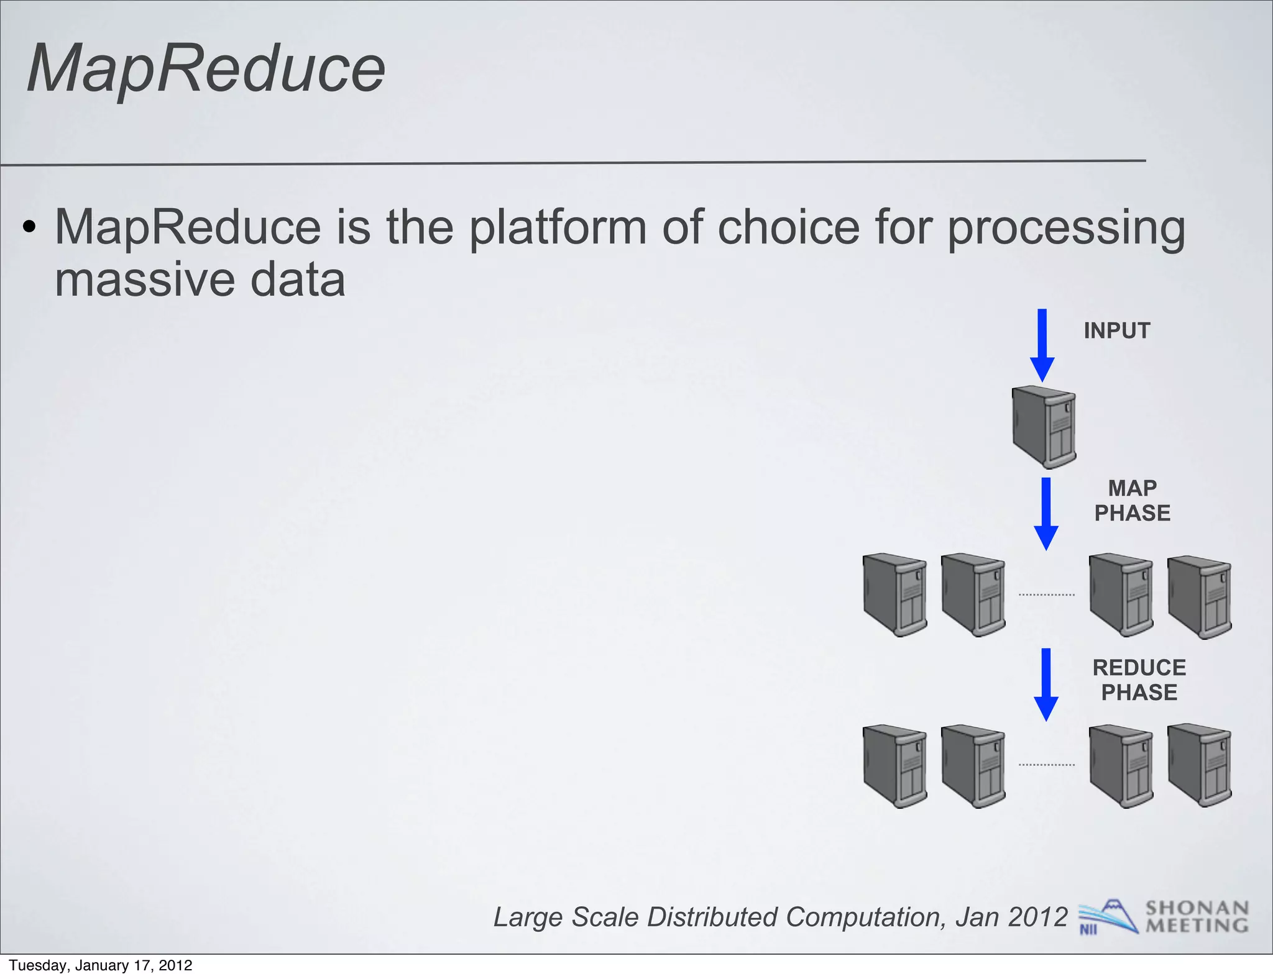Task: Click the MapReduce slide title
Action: tap(206, 68)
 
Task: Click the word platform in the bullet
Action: tap(558, 228)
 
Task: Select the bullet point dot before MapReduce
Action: tap(29, 228)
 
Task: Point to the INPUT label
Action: tap(1117, 330)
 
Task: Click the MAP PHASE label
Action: tap(1132, 501)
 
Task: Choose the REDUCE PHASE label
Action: tap(1139, 680)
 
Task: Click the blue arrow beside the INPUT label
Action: tap(1042, 345)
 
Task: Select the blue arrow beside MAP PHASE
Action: tap(1046, 513)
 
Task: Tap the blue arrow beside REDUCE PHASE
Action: tap(1046, 683)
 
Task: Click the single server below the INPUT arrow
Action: tap(1044, 427)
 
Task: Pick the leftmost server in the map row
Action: tap(895, 595)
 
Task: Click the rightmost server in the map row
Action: tap(1200, 596)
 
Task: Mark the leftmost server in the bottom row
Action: tap(895, 766)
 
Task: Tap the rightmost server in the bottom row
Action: tap(1200, 766)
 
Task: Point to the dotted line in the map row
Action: tap(1047, 594)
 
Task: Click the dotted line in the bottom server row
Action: tap(1047, 765)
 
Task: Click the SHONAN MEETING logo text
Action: tap(1197, 917)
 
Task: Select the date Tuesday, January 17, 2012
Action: tap(101, 965)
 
